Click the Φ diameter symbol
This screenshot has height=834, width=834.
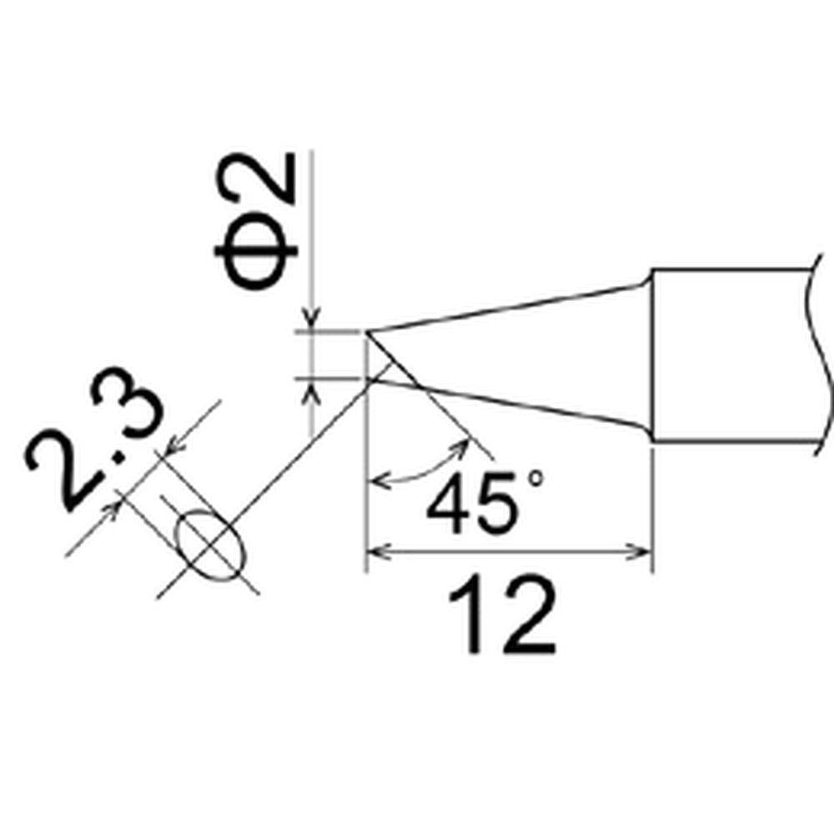click(255, 250)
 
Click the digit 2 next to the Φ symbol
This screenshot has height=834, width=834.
click(255, 179)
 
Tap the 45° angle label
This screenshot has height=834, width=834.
click(485, 503)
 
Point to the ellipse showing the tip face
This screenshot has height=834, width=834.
click(211, 545)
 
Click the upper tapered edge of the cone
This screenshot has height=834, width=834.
click(508, 308)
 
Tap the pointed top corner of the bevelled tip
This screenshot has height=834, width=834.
click(366, 332)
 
